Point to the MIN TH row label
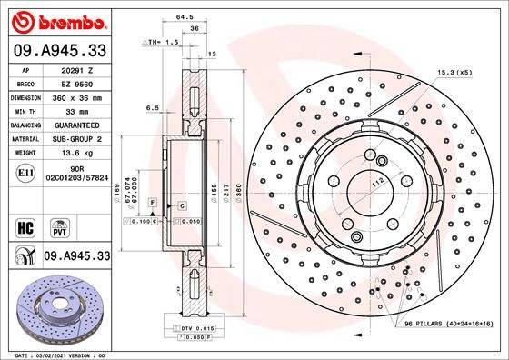24,110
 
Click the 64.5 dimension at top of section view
185,16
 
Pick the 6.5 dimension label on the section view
152,107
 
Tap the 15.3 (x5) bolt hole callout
452,71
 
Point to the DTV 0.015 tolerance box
186,327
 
